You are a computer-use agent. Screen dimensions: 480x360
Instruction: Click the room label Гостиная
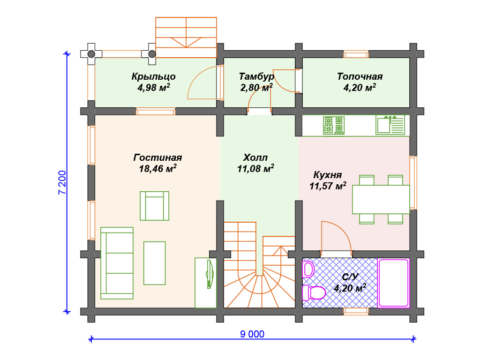157,157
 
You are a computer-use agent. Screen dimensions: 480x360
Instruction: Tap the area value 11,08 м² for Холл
255,168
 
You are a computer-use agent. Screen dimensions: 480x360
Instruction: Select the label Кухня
328,175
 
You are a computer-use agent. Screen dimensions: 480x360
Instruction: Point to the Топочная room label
360,76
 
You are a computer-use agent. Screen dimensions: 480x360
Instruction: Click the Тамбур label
256,76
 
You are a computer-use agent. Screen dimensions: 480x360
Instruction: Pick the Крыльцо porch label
154,76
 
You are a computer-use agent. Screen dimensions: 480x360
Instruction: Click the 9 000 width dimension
252,334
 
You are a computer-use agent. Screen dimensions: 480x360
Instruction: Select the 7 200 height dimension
62,182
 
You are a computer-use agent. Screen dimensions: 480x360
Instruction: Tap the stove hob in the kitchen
334,126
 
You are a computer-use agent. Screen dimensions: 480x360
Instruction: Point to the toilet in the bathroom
314,292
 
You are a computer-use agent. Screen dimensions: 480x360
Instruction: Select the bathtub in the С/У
393,283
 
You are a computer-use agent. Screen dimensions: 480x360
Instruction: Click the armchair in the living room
155,206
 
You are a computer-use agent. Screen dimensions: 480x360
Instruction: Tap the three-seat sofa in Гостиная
117,263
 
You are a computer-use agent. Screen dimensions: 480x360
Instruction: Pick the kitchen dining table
381,199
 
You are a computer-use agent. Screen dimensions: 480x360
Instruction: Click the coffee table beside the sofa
155,263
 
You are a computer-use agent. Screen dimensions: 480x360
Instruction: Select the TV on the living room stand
210,274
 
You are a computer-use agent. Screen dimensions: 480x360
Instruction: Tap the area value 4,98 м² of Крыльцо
154,88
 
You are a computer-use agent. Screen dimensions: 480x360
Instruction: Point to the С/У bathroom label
350,277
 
